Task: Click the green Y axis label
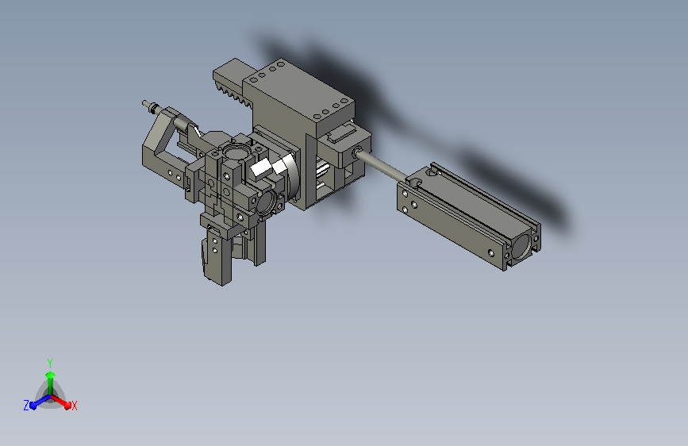50,363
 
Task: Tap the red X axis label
74,406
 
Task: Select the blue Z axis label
26,406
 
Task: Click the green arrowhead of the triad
50,375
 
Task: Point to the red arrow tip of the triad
67,405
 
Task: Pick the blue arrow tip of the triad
33,406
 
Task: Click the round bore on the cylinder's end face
521,247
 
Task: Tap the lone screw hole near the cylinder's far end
491,253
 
